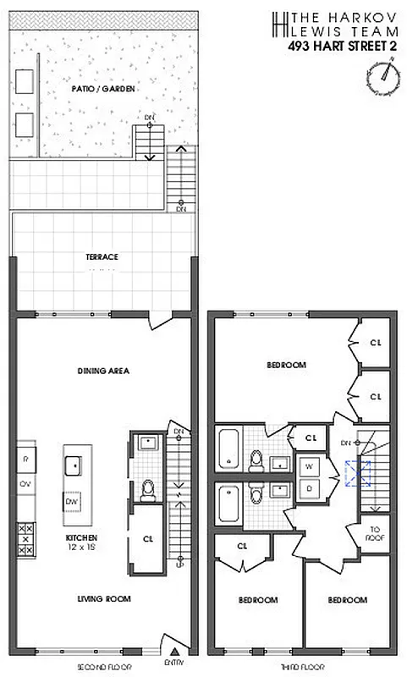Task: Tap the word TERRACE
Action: coord(101,256)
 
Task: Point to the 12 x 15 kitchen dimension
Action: coord(83,546)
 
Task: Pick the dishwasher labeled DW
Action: coord(73,502)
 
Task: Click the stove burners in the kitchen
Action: coord(25,537)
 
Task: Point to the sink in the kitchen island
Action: coord(73,465)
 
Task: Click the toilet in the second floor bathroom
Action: coord(148,488)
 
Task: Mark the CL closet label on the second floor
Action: coord(148,537)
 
